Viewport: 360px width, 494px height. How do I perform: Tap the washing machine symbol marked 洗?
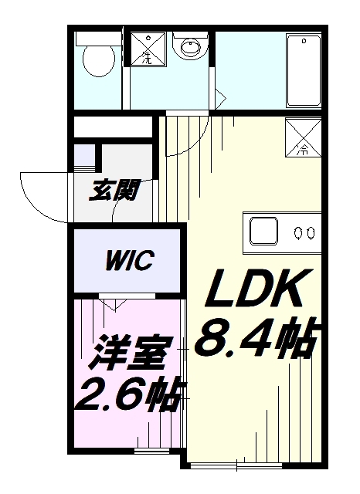click(x=148, y=49)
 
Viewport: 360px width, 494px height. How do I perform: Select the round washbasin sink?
click(x=191, y=47)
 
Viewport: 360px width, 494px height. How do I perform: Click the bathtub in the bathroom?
click(x=304, y=70)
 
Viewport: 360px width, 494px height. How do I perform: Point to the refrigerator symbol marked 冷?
click(x=304, y=137)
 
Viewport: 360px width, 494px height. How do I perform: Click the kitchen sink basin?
click(x=264, y=231)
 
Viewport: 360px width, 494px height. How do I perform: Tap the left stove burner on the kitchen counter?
click(x=297, y=233)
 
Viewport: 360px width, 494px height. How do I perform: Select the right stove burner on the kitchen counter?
click(x=311, y=233)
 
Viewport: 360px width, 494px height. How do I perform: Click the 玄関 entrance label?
click(x=114, y=191)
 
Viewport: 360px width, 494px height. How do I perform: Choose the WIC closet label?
click(x=130, y=261)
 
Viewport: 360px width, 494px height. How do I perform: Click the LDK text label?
click(x=259, y=288)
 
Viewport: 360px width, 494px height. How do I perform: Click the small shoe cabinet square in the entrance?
click(x=84, y=155)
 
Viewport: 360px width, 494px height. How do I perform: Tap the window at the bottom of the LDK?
click(x=236, y=465)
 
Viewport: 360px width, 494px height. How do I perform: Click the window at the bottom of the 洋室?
click(x=152, y=451)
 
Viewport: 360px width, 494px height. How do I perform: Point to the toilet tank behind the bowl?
click(x=98, y=39)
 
